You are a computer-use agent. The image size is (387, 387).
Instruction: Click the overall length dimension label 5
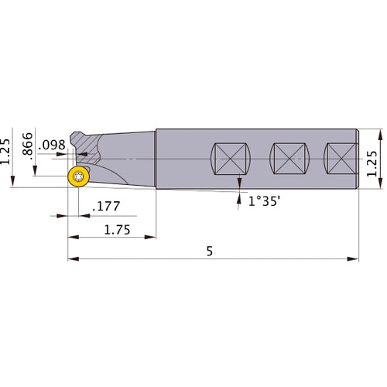(210, 252)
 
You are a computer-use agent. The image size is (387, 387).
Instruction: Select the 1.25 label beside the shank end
(374, 163)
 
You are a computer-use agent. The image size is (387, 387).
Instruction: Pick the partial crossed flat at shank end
(341, 160)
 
